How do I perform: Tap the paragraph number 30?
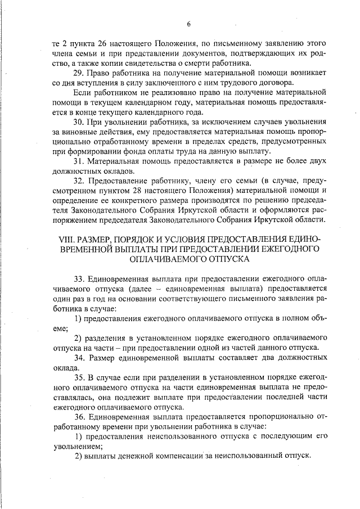coord(80,123)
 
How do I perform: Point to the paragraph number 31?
coord(80,161)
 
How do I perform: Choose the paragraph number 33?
coord(80,280)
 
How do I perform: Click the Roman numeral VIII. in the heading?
coord(66,240)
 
